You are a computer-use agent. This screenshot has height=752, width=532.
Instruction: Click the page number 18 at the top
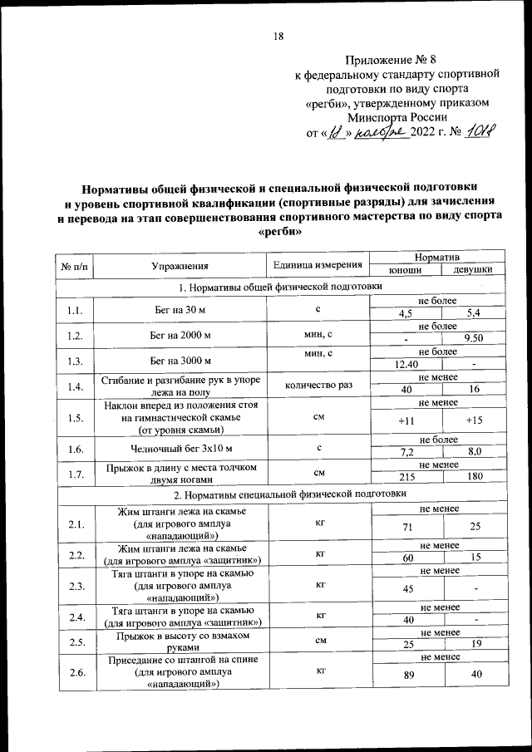coord(278,35)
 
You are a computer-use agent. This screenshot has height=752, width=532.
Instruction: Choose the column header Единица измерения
coord(318,265)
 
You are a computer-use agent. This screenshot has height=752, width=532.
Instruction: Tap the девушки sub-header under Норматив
coord(473,271)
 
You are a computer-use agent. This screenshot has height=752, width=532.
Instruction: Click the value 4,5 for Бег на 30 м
coord(406,313)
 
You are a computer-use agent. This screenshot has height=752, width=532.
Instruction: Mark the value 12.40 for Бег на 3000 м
coord(406,363)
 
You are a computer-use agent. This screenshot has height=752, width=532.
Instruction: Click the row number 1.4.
coord(76,386)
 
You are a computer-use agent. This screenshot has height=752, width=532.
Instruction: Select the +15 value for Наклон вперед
coord(473,421)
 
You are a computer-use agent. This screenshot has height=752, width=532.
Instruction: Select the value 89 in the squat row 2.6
coord(406,675)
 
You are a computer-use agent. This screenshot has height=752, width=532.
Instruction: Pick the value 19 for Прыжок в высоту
coord(473,644)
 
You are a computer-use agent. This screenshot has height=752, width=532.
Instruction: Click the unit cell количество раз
coord(318,386)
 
